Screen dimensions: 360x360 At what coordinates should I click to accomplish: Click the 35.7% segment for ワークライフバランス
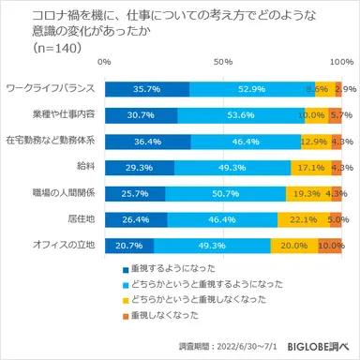tap(147, 89)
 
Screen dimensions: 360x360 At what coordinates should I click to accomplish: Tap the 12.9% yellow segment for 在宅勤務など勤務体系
tap(314, 142)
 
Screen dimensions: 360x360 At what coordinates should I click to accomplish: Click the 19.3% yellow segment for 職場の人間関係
tap(308, 194)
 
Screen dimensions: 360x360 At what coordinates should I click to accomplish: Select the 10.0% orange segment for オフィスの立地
tap(330, 247)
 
